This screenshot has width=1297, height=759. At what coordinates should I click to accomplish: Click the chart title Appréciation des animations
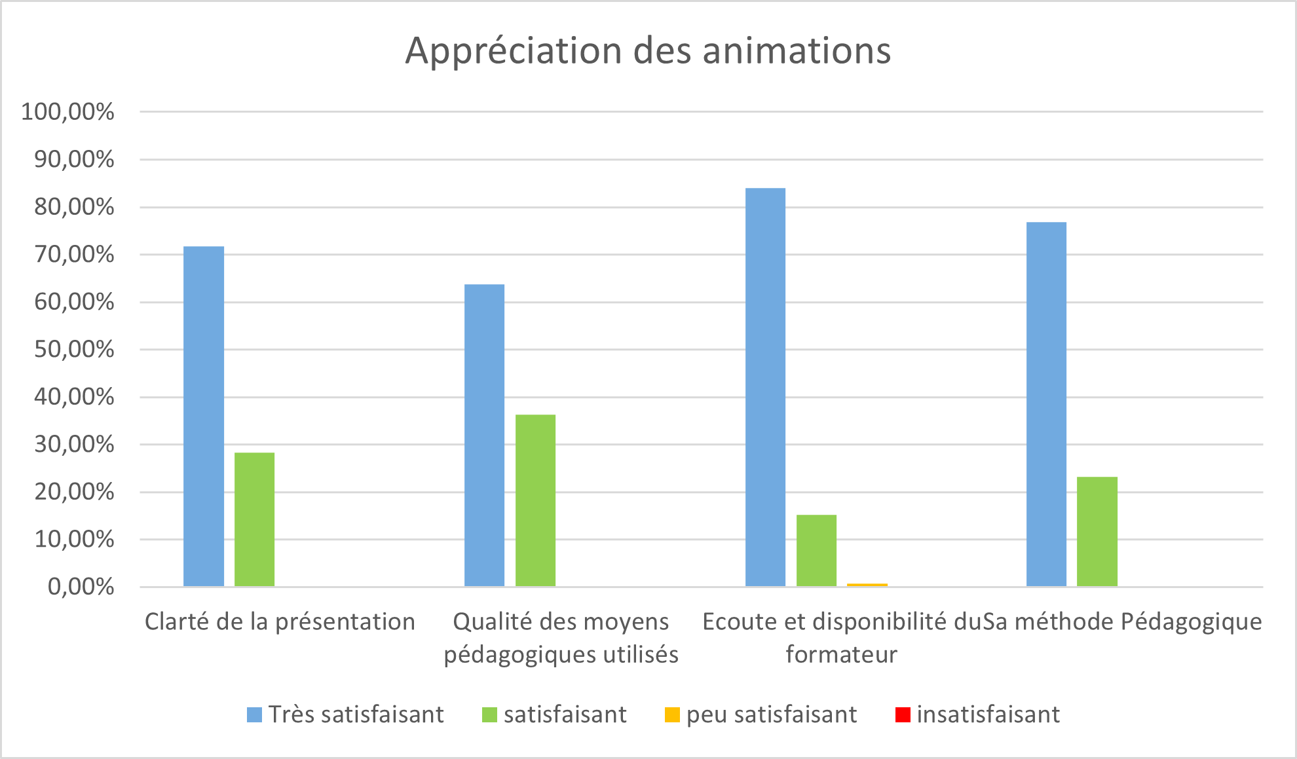pyautogui.click(x=648, y=50)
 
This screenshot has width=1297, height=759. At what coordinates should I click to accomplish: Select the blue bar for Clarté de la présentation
pyautogui.click(x=204, y=416)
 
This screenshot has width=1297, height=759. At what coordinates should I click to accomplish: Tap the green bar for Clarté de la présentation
pyautogui.click(x=254, y=519)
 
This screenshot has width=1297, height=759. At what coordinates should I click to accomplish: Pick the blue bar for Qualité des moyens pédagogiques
pyautogui.click(x=484, y=435)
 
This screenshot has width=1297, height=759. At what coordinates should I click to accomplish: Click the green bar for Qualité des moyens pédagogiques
pyautogui.click(x=535, y=500)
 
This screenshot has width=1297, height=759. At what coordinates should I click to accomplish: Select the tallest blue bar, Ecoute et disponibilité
pyautogui.click(x=765, y=387)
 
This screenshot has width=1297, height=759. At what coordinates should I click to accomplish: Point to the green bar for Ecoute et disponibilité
pyautogui.click(x=816, y=550)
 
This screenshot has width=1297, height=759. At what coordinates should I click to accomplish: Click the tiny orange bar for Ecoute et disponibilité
pyautogui.click(x=867, y=585)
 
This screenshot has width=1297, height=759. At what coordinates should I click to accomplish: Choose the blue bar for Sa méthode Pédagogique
pyautogui.click(x=1046, y=404)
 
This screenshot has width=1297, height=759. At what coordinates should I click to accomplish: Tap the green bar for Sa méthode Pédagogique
pyautogui.click(x=1097, y=531)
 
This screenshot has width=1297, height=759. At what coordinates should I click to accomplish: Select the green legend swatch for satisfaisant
pyautogui.click(x=489, y=714)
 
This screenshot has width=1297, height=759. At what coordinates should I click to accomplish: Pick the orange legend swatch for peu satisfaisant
pyautogui.click(x=672, y=714)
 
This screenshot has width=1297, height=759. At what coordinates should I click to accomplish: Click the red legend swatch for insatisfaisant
pyautogui.click(x=903, y=714)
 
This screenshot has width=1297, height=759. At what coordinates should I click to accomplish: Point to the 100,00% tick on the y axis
pyautogui.click(x=67, y=112)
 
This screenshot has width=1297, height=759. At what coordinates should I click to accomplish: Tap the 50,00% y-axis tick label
pyautogui.click(x=74, y=350)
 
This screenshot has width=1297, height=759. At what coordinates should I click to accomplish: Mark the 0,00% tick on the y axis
pyautogui.click(x=81, y=587)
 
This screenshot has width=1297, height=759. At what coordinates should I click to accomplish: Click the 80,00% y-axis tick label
pyautogui.click(x=74, y=208)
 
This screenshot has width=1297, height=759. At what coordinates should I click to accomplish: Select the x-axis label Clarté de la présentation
pyautogui.click(x=280, y=621)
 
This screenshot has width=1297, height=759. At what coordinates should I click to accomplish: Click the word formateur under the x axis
pyautogui.click(x=841, y=654)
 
